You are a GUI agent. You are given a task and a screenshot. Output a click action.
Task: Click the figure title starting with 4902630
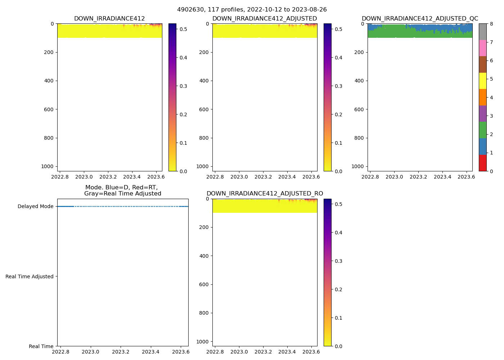pyautogui.click(x=252, y=10)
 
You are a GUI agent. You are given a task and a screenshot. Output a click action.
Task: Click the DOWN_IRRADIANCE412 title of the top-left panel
pyautogui.click(x=109, y=19)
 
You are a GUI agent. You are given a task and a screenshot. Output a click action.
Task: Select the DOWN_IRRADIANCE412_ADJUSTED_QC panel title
pyautogui.click(x=420, y=19)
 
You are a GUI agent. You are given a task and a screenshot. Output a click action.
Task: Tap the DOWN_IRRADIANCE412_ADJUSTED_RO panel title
pyautogui.click(x=265, y=194)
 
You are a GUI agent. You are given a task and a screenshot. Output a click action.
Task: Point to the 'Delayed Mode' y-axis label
pyautogui.click(x=35, y=207)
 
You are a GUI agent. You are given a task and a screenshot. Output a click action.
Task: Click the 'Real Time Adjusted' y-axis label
pyautogui.click(x=30, y=276)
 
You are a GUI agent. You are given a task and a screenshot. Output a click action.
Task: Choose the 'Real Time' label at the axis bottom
pyautogui.click(x=41, y=346)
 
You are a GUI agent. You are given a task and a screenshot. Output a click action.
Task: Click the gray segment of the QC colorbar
pyautogui.click(x=482, y=32)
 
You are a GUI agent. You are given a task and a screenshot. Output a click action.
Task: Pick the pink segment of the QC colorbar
pyautogui.click(x=482, y=48)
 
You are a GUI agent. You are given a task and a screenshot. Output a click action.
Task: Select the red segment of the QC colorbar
pyautogui.click(x=482, y=163)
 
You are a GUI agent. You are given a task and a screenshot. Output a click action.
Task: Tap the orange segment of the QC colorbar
pyautogui.click(x=482, y=97)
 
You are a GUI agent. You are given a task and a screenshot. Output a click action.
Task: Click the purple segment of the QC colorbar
pyautogui.click(x=482, y=114)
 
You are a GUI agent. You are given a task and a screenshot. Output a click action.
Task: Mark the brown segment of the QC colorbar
pyautogui.click(x=482, y=64)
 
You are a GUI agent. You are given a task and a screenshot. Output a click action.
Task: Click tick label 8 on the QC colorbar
pyautogui.click(x=491, y=24)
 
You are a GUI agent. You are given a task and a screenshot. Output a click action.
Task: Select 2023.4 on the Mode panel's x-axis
pyautogui.click(x=151, y=352)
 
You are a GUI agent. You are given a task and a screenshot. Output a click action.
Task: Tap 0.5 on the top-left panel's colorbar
pyautogui.click(x=183, y=29)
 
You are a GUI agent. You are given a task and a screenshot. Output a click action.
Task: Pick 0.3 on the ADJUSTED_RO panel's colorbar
pyautogui.click(x=338, y=261)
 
